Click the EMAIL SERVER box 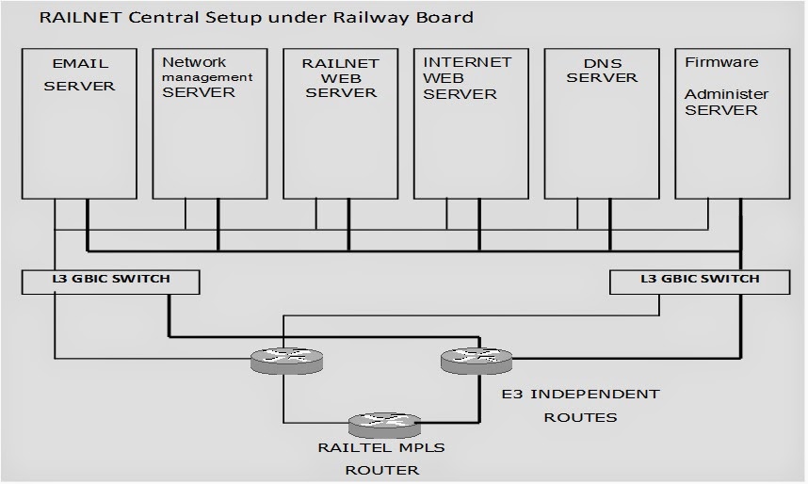tap(79, 122)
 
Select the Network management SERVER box tap(209, 122)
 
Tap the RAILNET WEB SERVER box tap(340, 122)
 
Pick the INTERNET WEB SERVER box tap(470, 122)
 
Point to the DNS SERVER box tap(601, 122)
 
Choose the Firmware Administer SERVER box tap(732, 122)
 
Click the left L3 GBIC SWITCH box tap(111, 281)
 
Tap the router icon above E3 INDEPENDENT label tap(477, 358)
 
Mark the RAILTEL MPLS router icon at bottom tap(382, 425)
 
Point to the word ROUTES tap(580, 416)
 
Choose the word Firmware tap(720, 63)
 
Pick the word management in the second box tap(207, 77)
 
